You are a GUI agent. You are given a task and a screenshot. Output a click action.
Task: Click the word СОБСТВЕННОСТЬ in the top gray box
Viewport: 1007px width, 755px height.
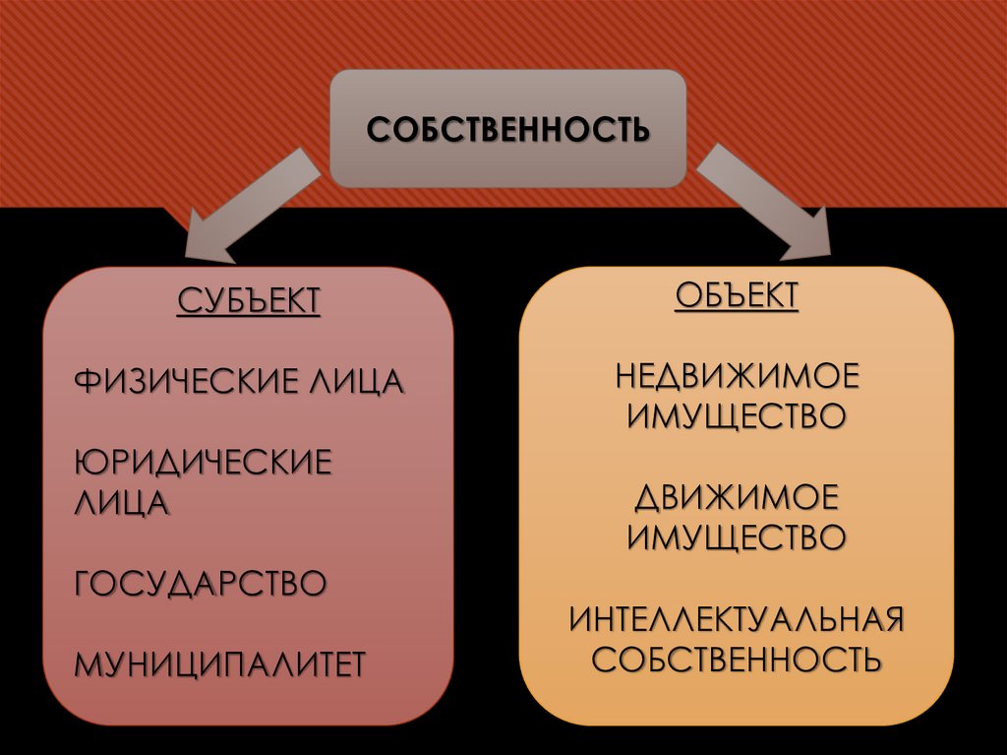coord(507,130)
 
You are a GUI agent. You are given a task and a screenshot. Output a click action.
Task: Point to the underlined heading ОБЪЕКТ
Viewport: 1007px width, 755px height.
coord(737,295)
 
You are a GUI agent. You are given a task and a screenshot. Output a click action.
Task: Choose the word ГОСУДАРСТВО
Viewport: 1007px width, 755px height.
coord(201,583)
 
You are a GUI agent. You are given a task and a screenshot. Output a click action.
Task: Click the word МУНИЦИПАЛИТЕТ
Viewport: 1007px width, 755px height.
coord(220,662)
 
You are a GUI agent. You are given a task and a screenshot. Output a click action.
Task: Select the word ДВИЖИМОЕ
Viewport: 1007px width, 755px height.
coord(737,497)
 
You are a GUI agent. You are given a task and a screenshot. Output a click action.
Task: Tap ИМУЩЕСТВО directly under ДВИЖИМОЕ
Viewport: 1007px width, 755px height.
coord(737,536)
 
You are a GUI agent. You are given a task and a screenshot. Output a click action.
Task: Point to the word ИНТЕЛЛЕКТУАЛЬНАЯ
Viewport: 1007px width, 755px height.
coord(737,619)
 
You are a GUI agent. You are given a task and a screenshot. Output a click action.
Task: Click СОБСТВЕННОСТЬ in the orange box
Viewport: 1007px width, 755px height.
coord(737,659)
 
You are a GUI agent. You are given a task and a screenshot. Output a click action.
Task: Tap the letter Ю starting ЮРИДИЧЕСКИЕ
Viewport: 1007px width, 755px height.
coord(90,463)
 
